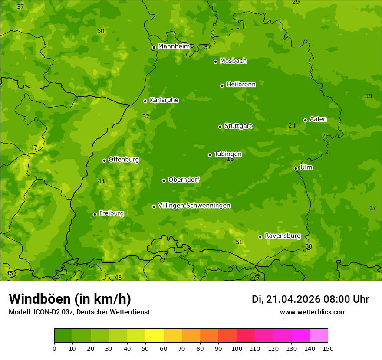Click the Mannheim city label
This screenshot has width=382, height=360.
(x=174, y=46)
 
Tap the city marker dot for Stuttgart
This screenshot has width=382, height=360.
(x=220, y=127)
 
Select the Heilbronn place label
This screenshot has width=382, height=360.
(x=241, y=85)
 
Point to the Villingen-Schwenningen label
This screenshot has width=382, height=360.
(x=194, y=206)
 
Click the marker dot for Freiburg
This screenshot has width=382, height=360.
(x=95, y=214)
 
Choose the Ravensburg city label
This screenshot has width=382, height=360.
(x=283, y=236)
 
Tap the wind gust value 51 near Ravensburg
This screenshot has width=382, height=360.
(x=239, y=242)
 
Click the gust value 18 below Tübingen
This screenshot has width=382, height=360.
(x=230, y=159)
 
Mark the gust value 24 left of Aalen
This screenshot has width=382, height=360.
(x=292, y=126)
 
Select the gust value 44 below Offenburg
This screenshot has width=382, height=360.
(x=101, y=181)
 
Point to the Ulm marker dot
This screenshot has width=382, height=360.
(x=296, y=168)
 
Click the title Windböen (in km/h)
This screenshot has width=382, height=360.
(x=70, y=299)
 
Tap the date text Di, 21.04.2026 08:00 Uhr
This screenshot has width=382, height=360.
(x=310, y=299)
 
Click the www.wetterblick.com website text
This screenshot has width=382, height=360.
(x=313, y=312)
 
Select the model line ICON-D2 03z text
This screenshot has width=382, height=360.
(x=79, y=312)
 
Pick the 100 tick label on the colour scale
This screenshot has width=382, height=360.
(x=237, y=348)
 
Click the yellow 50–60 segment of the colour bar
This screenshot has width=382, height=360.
(x=155, y=336)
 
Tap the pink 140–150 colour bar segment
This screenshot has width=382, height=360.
(x=319, y=336)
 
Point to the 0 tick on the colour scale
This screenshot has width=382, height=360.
(x=54, y=348)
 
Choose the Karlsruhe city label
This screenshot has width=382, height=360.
(x=164, y=100)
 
